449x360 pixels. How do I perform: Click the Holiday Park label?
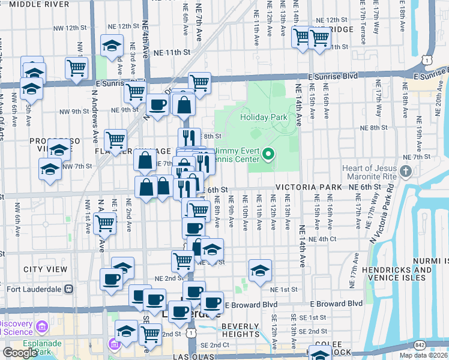pos(264,118)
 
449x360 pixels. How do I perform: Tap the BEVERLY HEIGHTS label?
pos(240,331)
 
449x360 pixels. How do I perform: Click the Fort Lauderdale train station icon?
pos(69,289)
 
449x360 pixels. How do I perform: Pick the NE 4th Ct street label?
pos(324,239)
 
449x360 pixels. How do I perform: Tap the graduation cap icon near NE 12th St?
pos(112,45)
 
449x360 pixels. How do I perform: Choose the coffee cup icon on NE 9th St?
pos(158,104)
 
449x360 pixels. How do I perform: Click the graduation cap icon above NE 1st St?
pos(260,269)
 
